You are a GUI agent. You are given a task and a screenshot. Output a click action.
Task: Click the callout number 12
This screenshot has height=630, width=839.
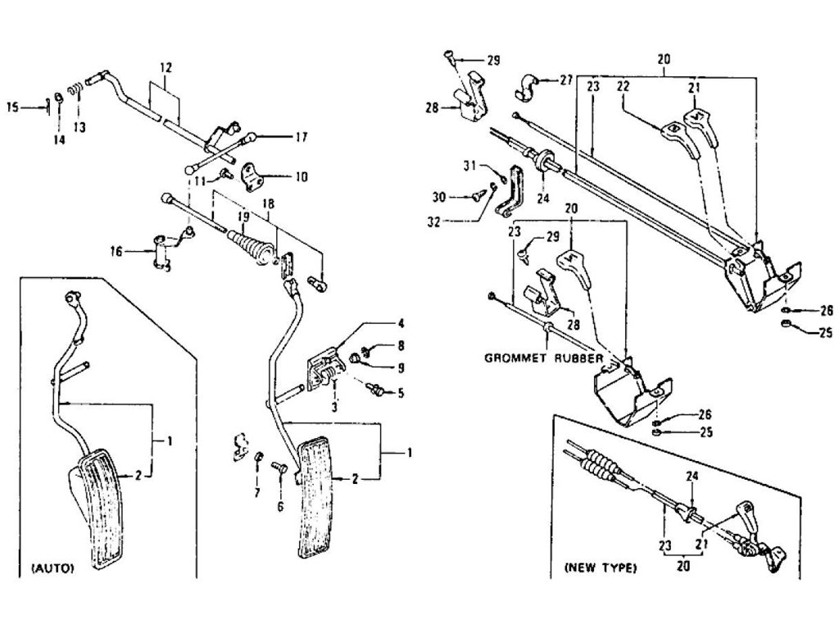click(166, 68)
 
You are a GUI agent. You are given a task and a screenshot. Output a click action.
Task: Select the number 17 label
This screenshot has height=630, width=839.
click(302, 137)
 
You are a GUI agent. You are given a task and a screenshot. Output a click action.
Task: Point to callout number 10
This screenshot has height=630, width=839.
click(302, 176)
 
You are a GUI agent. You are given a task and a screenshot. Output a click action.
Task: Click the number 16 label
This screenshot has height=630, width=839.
click(116, 251)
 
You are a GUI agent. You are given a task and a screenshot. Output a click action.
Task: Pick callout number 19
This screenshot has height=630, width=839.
click(243, 217)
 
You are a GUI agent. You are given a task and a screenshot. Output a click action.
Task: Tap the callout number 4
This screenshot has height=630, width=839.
click(401, 323)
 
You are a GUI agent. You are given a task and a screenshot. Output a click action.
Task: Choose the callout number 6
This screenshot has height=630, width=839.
click(280, 506)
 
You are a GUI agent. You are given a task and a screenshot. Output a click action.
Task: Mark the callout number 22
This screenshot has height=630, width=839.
click(624, 86)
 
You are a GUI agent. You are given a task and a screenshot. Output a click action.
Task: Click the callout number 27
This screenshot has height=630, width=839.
click(566, 80)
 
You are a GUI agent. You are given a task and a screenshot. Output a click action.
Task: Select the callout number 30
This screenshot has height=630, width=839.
click(439, 198)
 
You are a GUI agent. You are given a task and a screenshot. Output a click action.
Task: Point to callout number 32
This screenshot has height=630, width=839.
click(433, 221)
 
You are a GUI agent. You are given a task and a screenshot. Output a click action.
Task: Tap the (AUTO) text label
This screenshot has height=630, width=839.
click(52, 568)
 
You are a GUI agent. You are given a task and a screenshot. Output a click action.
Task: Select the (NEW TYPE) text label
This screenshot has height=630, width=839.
click(601, 568)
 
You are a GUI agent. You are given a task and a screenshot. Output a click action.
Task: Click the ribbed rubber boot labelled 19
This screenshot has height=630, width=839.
click(252, 249)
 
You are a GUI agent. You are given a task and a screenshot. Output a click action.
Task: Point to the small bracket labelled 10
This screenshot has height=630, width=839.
click(252, 177)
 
